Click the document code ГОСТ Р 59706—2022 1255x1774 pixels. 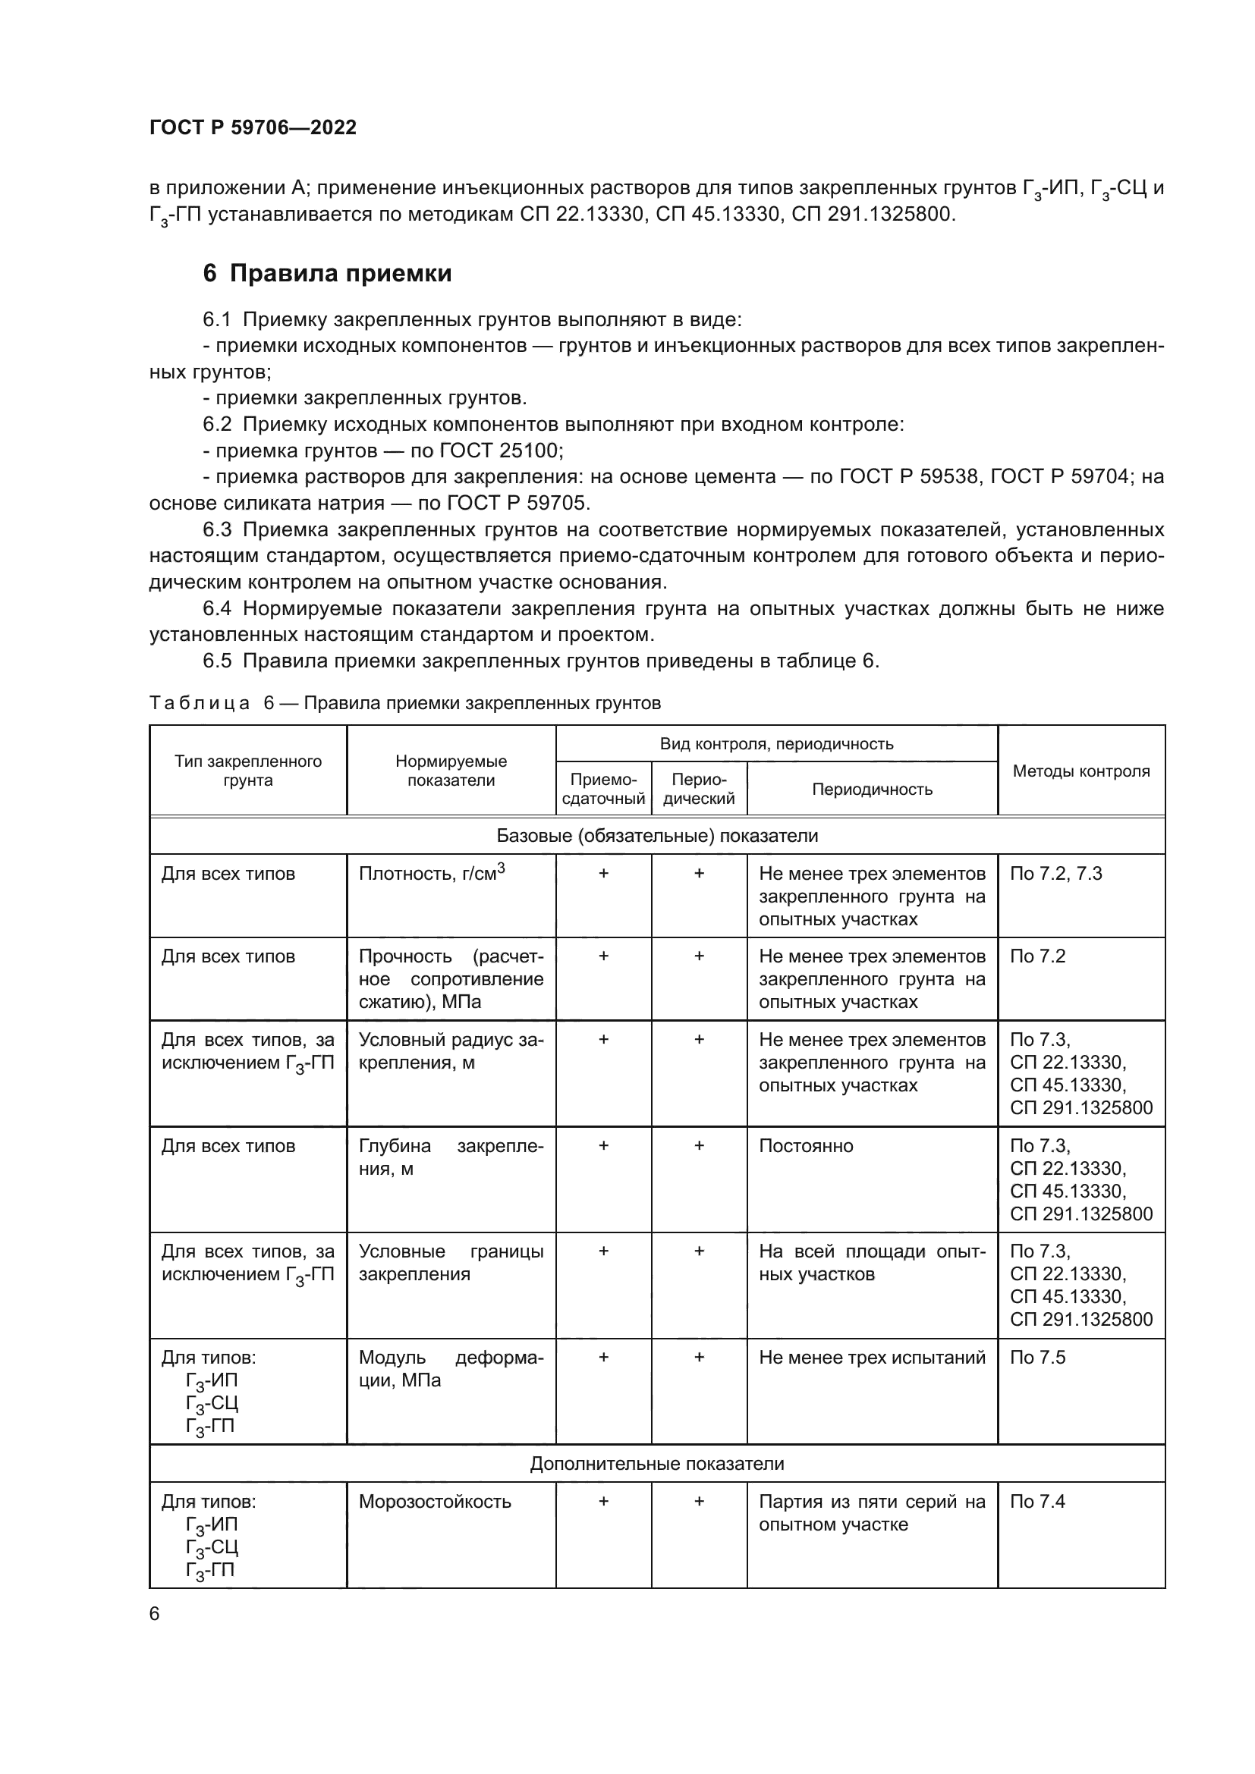pos(253,127)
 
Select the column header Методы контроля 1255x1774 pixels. pos(1080,771)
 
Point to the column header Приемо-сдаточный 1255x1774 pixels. pos(602,789)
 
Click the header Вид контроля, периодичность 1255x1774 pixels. pos(776,744)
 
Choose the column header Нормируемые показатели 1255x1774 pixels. pos(451,771)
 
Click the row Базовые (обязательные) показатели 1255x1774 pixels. pos(657,835)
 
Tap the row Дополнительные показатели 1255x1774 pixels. pos(657,1463)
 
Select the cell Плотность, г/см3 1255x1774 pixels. pos(431,873)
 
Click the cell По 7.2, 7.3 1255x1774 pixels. pos(1055,874)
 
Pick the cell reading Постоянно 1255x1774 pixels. pos(805,1146)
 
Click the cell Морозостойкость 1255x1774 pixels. pos(434,1501)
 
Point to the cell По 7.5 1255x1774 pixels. pos(1037,1358)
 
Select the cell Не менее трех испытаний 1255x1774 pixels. pos(872,1358)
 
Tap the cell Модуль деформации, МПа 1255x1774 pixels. pos(451,1368)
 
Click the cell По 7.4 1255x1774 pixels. pos(1037,1501)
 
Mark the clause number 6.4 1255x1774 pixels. pos(217,609)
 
